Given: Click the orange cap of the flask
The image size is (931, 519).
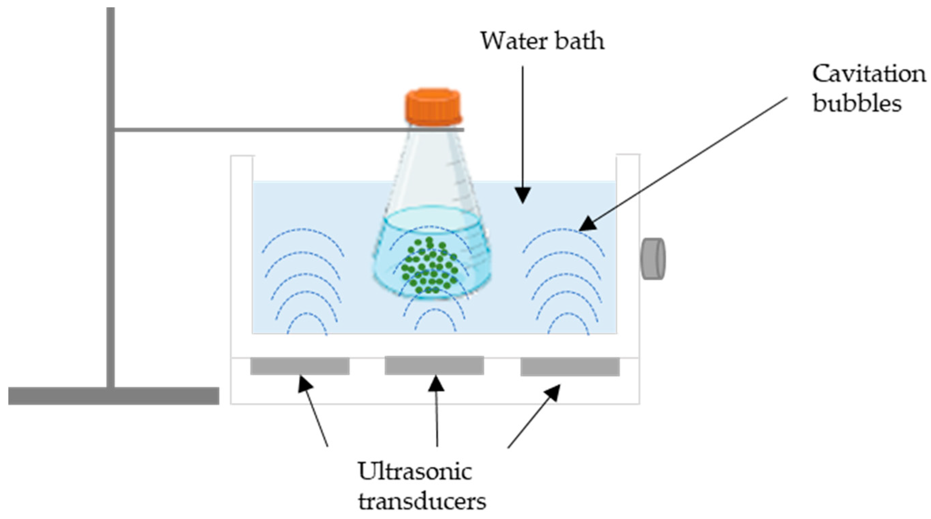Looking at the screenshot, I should (433, 107).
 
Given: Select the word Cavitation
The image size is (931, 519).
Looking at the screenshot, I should (869, 74).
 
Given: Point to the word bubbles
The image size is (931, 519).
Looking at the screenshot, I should (857, 104).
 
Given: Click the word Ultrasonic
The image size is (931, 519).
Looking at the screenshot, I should (415, 472).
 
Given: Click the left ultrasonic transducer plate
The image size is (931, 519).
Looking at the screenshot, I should (300, 366).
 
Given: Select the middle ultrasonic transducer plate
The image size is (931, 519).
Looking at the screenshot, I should (434, 365).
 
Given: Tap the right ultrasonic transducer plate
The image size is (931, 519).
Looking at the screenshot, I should (570, 366).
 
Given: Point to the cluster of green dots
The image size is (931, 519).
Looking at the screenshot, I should (429, 266).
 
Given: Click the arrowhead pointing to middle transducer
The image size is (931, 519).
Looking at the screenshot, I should (436, 383).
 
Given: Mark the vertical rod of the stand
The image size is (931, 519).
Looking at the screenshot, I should (111, 217).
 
